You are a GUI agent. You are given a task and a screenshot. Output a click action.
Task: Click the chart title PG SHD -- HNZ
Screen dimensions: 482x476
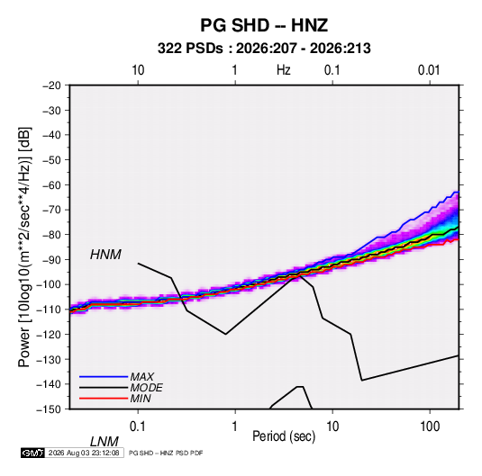pyautogui.click(x=264, y=25)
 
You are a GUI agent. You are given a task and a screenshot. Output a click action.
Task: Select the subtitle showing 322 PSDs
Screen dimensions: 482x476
pyautogui.click(x=264, y=49)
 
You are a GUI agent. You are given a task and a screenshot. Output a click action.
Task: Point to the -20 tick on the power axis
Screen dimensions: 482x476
pyautogui.click(x=51, y=85)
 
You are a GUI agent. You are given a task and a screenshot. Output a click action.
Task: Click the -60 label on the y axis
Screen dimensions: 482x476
pyautogui.click(x=51, y=184)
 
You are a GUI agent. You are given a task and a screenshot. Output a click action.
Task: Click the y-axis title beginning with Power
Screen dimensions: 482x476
pyautogui.click(x=24, y=247)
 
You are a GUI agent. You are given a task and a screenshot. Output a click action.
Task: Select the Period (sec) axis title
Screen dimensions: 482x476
pyautogui.click(x=284, y=436)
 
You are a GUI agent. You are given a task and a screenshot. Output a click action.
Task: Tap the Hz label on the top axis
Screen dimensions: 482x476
pyautogui.click(x=284, y=70)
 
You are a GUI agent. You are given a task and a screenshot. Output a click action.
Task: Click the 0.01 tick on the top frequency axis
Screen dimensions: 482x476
pyautogui.click(x=429, y=70)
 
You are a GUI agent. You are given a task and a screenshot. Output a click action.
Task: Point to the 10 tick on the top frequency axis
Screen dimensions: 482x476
pyautogui.click(x=138, y=70)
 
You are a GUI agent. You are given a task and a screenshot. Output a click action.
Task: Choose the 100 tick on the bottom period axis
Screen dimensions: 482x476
pyautogui.click(x=430, y=427)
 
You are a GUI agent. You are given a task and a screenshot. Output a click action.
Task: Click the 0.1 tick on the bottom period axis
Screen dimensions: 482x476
pyautogui.click(x=138, y=427)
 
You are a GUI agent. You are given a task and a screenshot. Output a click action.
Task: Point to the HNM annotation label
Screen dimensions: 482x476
pyautogui.click(x=105, y=255)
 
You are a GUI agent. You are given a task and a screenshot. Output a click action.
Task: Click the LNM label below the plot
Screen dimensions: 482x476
pyautogui.click(x=105, y=442)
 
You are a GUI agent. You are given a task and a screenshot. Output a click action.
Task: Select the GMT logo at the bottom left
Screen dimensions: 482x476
pyautogui.click(x=33, y=453)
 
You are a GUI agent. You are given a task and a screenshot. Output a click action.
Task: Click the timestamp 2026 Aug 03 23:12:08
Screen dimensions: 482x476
pyautogui.click(x=84, y=453)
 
